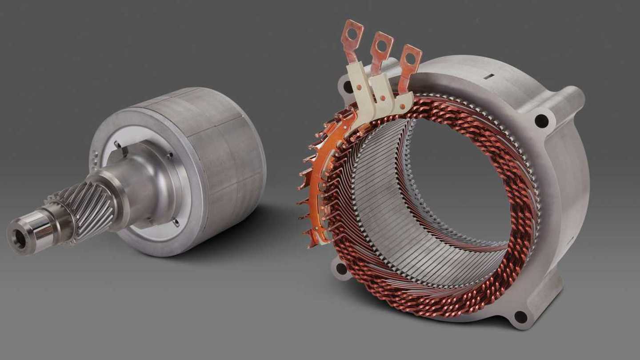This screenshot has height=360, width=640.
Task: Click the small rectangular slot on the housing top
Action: point(488,76)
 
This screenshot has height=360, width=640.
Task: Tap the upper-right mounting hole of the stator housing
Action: point(541,120)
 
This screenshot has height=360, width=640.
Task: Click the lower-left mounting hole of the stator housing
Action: point(341,268)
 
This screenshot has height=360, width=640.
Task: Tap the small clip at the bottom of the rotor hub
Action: point(176,222)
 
